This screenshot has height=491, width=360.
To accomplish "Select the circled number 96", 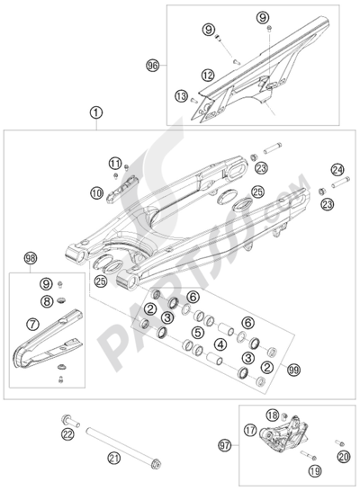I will (153, 65).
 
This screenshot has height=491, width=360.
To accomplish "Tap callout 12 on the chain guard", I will (208, 76).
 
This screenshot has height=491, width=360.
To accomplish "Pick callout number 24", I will (312, 168).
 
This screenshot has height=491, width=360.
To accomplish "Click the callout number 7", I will (33, 321).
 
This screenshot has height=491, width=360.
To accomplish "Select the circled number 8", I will (47, 302).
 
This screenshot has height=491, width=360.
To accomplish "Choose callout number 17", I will (251, 430).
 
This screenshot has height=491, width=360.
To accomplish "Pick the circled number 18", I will (272, 415).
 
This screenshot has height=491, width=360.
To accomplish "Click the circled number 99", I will (291, 370).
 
